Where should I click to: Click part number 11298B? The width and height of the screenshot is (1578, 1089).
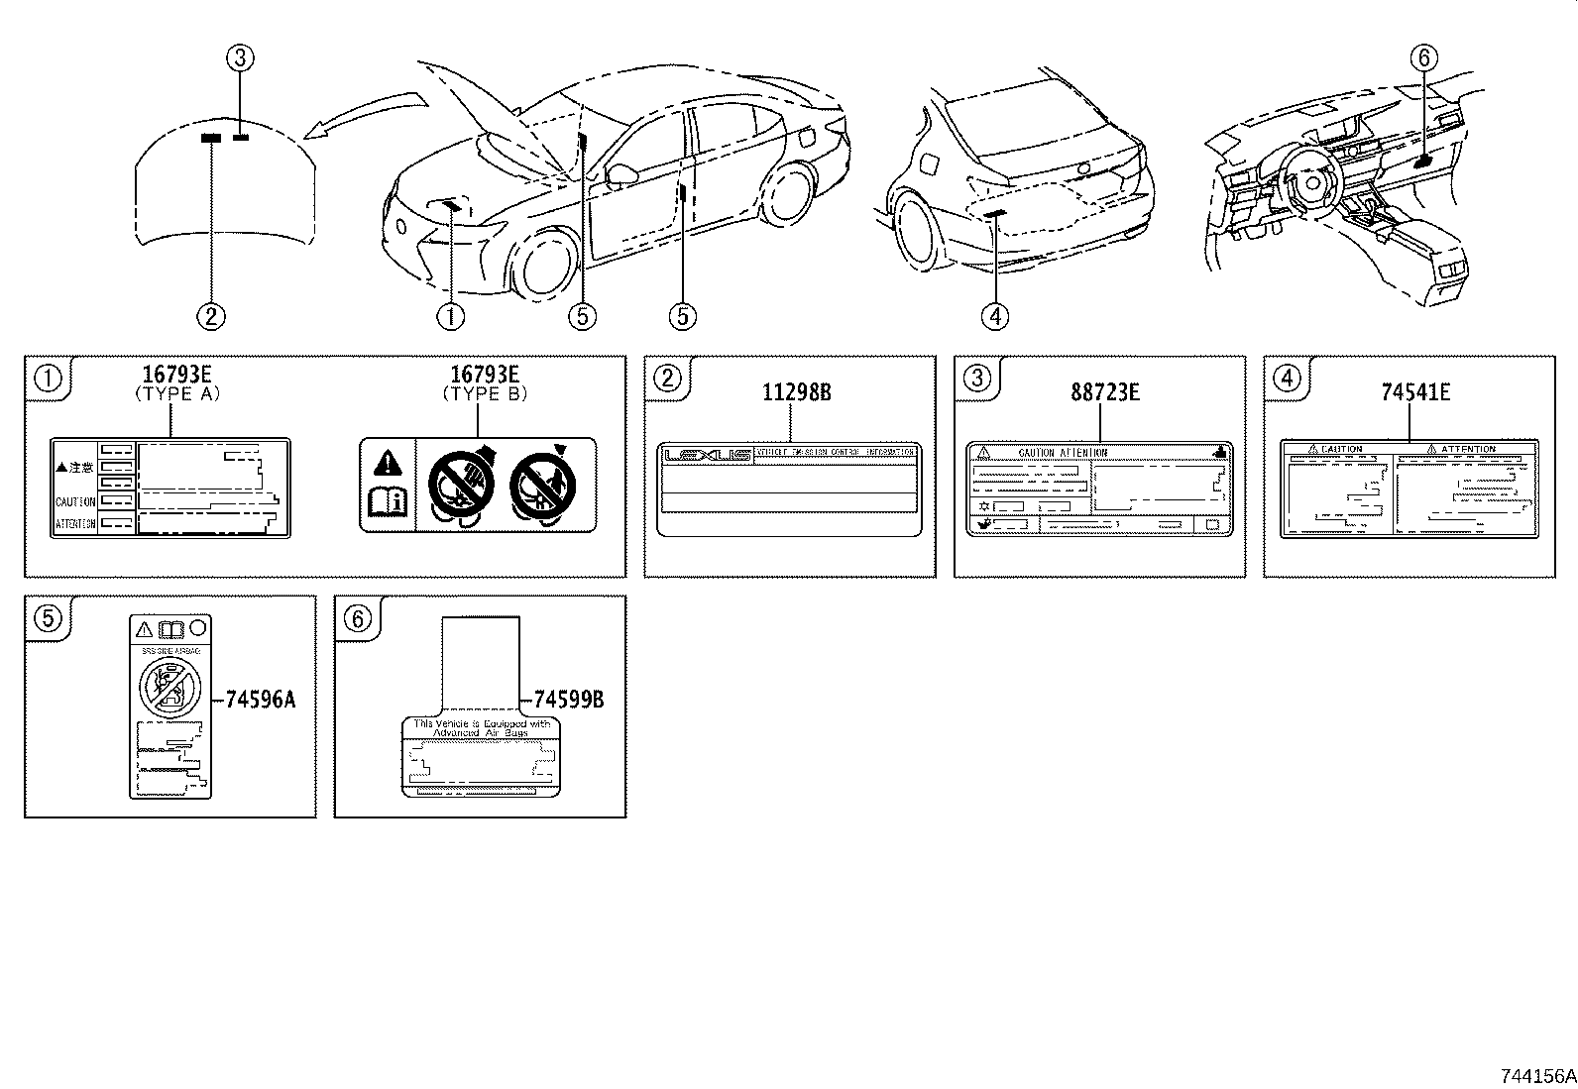click(796, 392)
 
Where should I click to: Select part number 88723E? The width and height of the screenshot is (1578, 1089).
click(1104, 392)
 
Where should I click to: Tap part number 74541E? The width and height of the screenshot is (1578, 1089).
click(1415, 392)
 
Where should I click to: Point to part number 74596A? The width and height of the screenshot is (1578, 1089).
click(260, 700)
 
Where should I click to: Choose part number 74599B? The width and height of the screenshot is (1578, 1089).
click(568, 700)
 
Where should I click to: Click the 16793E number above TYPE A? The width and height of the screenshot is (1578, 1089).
click(177, 374)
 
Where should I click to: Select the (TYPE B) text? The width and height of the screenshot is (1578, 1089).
click(485, 393)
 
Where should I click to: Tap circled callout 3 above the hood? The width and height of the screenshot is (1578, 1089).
click(240, 59)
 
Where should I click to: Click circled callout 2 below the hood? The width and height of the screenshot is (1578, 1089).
click(210, 316)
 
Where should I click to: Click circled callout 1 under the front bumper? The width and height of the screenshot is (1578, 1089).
click(450, 316)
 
